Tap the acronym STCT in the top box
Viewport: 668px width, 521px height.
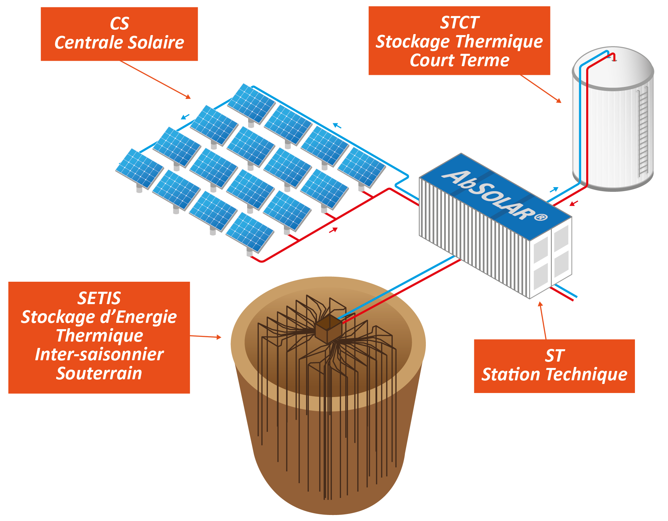pyautogui.click(x=459, y=23)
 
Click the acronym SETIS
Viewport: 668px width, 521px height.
pyautogui.click(x=99, y=298)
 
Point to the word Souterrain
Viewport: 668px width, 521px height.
pyautogui.click(x=99, y=373)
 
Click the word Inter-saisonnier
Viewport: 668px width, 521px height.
pyautogui.click(x=99, y=355)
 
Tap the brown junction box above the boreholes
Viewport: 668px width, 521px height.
pyautogui.click(x=329, y=329)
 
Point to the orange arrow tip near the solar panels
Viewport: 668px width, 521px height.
pyautogui.click(x=189, y=97)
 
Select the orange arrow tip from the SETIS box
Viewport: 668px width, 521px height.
pyautogui.click(x=219, y=337)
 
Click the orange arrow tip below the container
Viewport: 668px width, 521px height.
pyautogui.click(x=540, y=303)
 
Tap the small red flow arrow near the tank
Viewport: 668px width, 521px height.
pyautogui.click(x=573, y=203)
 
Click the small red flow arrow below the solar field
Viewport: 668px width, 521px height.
pyautogui.click(x=333, y=230)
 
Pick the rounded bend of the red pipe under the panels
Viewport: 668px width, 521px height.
pyautogui.click(x=262, y=261)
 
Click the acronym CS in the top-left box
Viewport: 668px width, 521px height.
pyautogui.click(x=119, y=23)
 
